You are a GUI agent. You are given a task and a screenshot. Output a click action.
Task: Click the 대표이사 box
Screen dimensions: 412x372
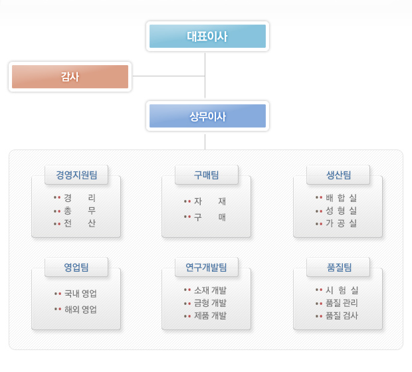click(207, 37)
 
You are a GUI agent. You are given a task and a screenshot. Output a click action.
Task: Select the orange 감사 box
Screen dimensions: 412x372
click(70, 76)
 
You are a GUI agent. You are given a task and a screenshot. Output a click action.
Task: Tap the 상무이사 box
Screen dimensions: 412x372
click(207, 116)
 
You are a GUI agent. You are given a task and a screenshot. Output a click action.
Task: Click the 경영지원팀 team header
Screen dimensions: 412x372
click(76, 175)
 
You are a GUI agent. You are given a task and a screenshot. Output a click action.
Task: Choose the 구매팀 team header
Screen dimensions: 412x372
click(207, 175)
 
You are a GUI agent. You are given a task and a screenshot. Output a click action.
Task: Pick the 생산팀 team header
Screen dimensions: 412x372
click(338, 175)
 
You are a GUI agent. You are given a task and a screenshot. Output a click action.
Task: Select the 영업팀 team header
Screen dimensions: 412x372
click(76, 267)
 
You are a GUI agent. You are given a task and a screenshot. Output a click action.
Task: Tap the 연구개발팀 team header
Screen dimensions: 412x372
click(207, 267)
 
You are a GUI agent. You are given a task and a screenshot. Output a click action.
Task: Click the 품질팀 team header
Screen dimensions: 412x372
click(338, 267)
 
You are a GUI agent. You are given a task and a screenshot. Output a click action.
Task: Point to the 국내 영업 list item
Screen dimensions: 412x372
click(80, 294)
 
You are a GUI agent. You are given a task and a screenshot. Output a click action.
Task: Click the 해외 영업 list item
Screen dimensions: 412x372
click(80, 310)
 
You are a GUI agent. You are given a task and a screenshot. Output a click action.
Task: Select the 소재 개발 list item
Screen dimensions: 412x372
click(210, 290)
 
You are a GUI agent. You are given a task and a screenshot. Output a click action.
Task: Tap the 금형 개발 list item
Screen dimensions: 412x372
click(210, 303)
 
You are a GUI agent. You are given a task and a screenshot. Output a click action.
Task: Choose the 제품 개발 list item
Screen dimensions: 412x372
click(210, 316)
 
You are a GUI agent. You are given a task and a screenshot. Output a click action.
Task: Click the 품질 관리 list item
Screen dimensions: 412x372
click(342, 303)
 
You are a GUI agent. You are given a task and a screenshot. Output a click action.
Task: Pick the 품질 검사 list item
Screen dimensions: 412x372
click(342, 316)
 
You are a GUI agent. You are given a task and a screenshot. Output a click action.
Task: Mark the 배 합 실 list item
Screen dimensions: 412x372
click(342, 197)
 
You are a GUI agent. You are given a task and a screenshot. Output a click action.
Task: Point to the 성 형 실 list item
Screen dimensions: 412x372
click(342, 210)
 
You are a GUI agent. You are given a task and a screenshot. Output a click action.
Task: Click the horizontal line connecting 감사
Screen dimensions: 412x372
click(169, 76)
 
